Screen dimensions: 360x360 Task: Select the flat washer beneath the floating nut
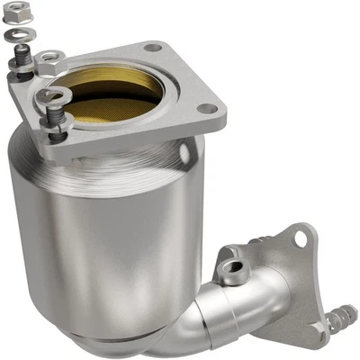(x=21, y=35)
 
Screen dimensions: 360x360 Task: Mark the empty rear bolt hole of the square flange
(x=152, y=47)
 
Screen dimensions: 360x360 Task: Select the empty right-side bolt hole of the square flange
(x=208, y=108)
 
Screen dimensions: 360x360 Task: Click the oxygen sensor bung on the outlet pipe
(x=235, y=265)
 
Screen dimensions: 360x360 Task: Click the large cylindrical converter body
(x=99, y=234)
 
